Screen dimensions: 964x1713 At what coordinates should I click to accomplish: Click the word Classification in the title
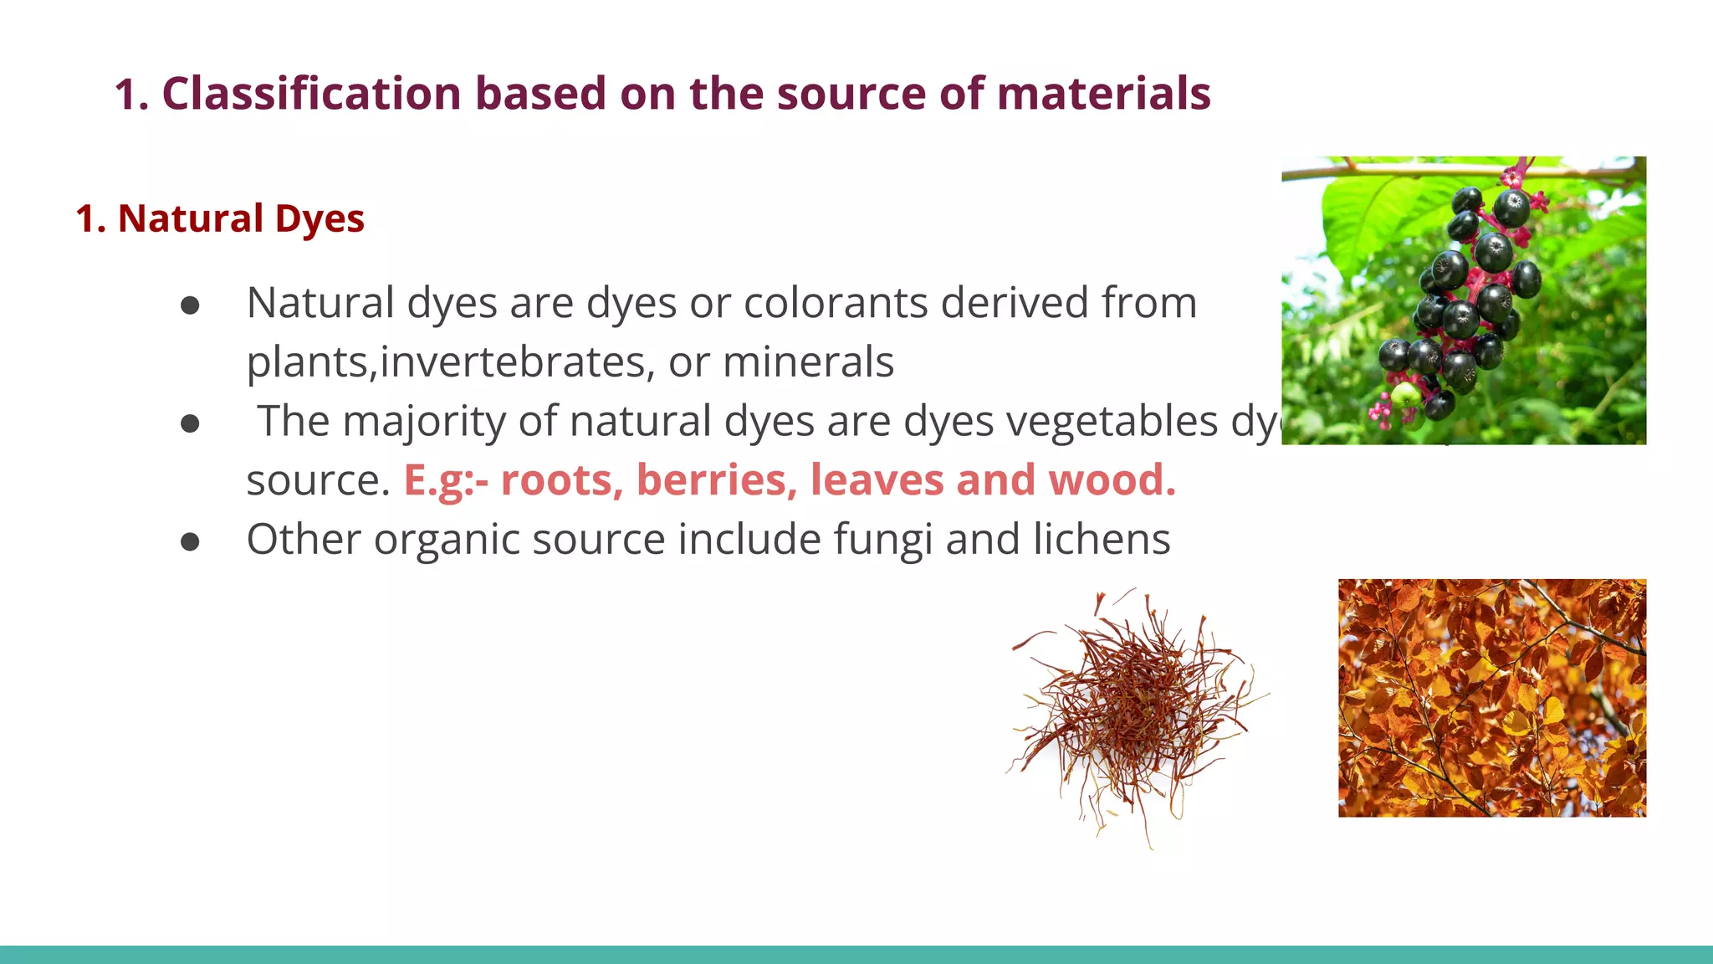(x=311, y=94)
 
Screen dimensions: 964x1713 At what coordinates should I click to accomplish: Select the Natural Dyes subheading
(x=220, y=219)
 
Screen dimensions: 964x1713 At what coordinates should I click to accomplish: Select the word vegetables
(x=1112, y=421)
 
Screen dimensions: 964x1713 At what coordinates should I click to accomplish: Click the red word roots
(x=557, y=480)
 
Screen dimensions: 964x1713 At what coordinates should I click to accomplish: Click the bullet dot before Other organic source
(x=190, y=542)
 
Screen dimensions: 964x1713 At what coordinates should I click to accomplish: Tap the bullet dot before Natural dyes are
(x=190, y=305)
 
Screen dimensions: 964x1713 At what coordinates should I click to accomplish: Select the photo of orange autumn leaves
(x=1491, y=698)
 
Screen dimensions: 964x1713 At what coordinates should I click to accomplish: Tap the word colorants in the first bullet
(x=836, y=303)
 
